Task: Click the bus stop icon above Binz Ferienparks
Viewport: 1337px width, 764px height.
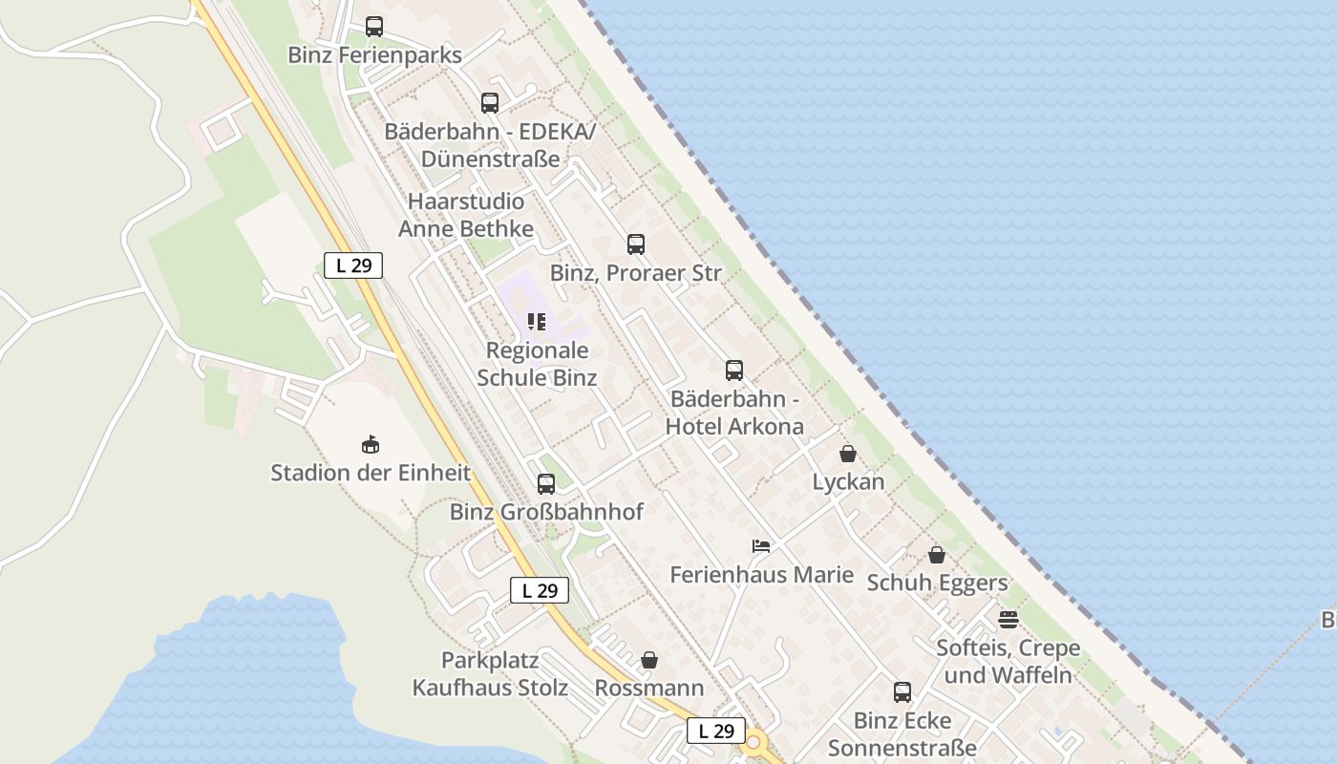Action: point(374,27)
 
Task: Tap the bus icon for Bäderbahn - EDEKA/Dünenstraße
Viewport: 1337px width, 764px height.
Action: point(490,102)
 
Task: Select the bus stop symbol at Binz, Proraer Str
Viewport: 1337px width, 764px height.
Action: point(636,244)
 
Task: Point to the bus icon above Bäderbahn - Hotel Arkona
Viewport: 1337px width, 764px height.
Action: point(733,370)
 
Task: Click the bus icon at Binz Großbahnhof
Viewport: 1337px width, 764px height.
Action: point(546,483)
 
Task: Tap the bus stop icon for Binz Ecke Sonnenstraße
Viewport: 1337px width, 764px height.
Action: point(902,691)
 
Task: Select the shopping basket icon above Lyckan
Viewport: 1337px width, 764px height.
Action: point(848,454)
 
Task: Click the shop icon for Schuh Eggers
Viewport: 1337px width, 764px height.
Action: point(937,555)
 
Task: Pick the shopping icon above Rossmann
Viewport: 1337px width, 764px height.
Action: point(649,660)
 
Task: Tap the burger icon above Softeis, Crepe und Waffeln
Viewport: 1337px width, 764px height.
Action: point(1008,619)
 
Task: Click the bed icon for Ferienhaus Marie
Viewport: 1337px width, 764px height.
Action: point(761,546)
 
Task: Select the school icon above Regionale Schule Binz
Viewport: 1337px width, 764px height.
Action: point(537,322)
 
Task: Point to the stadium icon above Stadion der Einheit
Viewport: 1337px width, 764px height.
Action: point(371,444)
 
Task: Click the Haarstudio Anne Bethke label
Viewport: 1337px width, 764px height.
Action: point(466,215)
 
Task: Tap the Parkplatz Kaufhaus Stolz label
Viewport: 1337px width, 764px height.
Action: point(490,674)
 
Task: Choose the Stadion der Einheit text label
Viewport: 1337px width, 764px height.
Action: point(371,473)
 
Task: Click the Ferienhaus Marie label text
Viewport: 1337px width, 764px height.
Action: point(762,575)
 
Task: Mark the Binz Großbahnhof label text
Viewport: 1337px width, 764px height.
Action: point(546,512)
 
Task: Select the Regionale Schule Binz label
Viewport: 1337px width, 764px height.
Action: point(537,364)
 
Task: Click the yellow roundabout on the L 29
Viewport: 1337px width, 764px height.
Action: point(755,742)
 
